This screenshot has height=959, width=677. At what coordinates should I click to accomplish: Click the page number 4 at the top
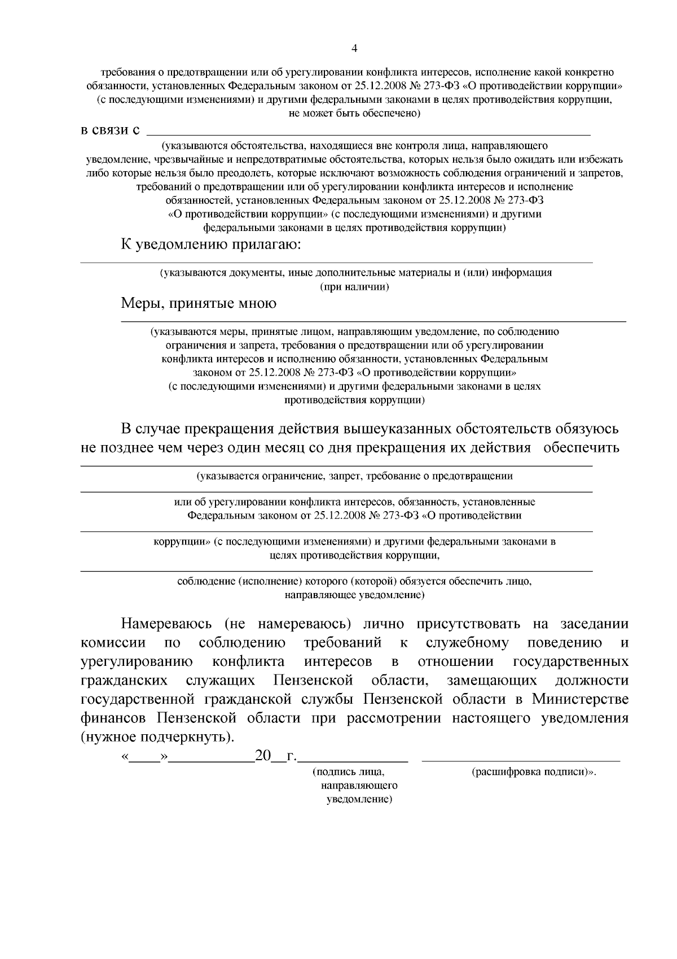pyautogui.click(x=354, y=49)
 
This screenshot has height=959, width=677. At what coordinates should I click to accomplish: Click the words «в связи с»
pyautogui.click(x=111, y=130)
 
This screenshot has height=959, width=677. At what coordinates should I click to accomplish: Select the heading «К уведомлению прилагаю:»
pyautogui.click(x=212, y=245)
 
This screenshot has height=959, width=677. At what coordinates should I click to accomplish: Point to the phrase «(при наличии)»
pyautogui.click(x=354, y=286)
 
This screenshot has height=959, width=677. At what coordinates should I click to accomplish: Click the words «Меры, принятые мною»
pyautogui.click(x=199, y=303)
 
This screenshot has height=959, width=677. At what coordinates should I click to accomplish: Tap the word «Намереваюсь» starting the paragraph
pyautogui.click(x=166, y=624)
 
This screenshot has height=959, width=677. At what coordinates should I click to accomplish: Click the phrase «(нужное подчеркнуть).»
pyautogui.click(x=157, y=737)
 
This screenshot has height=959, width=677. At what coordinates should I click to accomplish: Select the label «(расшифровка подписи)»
pyautogui.click(x=533, y=771)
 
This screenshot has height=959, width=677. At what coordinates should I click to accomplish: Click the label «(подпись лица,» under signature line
pyautogui.click(x=349, y=771)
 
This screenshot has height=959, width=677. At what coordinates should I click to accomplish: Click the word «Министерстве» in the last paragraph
pyautogui.click(x=580, y=699)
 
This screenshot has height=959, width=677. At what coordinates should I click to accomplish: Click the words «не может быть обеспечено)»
pyautogui.click(x=354, y=113)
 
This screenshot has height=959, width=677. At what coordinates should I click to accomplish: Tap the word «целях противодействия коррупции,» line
pyautogui.click(x=354, y=555)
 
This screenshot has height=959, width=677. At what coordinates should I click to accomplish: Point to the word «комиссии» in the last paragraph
pyautogui.click(x=113, y=643)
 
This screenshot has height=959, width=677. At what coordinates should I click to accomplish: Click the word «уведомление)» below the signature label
pyautogui.click(x=359, y=800)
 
